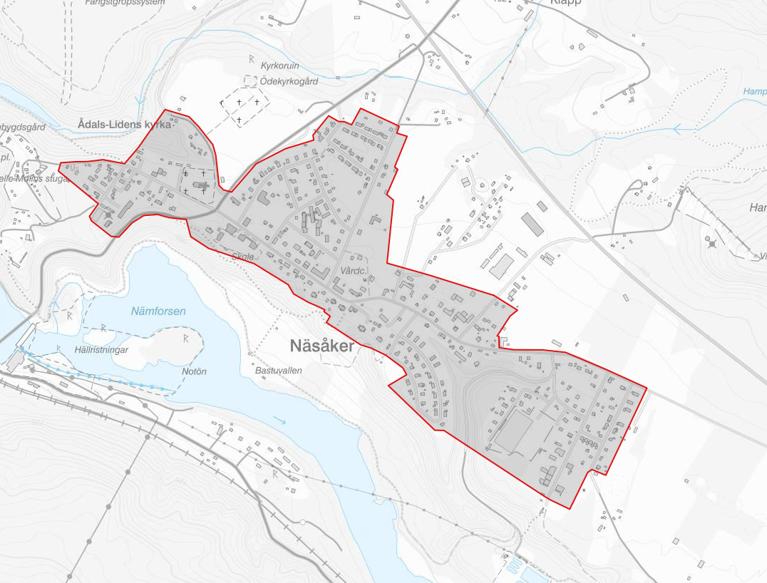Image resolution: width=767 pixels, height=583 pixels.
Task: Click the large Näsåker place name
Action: (x=322, y=346)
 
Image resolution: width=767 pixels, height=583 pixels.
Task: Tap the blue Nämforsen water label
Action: (x=158, y=311)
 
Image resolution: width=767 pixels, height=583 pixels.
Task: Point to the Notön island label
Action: (x=194, y=371)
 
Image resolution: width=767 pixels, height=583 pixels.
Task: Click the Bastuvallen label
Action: (x=279, y=371)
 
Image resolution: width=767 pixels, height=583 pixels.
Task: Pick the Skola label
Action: (x=242, y=257)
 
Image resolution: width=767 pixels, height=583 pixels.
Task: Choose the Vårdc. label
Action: (x=354, y=272)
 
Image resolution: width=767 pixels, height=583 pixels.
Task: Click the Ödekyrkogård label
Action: (x=289, y=81)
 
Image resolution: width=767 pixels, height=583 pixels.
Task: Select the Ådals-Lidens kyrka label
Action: (x=125, y=125)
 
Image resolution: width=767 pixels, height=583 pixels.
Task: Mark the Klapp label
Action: (x=566, y=2)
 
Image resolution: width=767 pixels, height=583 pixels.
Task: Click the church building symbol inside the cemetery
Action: (x=202, y=187)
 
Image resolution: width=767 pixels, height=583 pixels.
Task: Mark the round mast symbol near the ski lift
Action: (x=711, y=244)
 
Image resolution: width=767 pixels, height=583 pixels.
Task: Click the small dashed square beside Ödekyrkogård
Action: (x=250, y=82)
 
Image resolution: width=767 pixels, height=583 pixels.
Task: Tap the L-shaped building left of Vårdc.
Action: (x=321, y=272)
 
